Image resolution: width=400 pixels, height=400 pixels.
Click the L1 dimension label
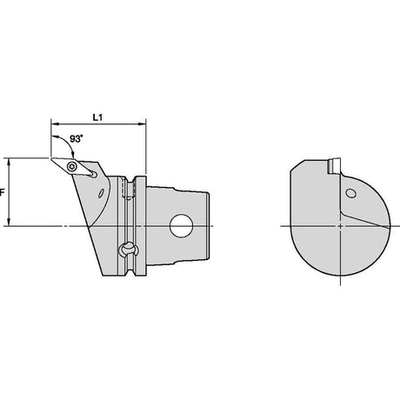[x=97, y=117]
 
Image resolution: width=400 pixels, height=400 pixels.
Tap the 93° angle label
[x=77, y=139]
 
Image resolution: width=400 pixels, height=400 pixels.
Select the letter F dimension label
[x=2, y=192]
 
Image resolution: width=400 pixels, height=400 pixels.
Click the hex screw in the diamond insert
[x=71, y=166]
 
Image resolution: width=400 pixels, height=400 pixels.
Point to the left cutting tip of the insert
[x=51, y=158]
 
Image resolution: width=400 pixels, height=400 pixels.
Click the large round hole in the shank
[x=182, y=226]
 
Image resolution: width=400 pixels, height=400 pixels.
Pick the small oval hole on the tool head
[x=101, y=193]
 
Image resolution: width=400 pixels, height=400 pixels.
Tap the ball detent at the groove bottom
[x=128, y=250]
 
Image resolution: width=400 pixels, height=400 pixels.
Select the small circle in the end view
[x=350, y=193]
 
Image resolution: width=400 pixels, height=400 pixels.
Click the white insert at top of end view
[x=335, y=166]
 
